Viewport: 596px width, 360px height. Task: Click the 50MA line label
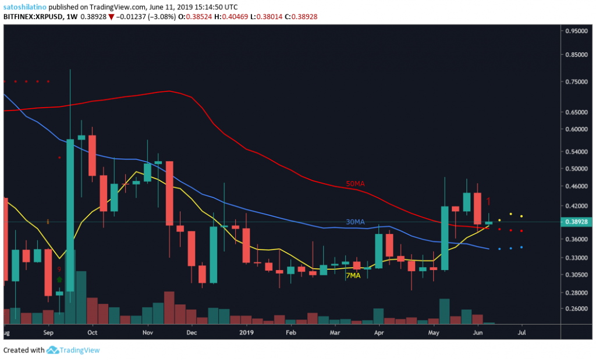point(355,184)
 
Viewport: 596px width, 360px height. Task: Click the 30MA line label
point(355,222)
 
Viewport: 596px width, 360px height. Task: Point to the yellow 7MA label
point(353,276)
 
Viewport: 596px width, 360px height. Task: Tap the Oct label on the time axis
point(92,333)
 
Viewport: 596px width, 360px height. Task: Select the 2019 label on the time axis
point(247,333)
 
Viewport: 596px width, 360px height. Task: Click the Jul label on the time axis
point(521,333)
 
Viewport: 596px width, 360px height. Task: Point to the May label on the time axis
point(434,333)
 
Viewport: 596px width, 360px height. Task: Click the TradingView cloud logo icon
point(54,350)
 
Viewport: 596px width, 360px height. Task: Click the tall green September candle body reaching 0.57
point(70,215)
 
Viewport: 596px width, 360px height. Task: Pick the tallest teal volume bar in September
point(81,297)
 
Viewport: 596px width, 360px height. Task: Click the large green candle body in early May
point(445,238)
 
